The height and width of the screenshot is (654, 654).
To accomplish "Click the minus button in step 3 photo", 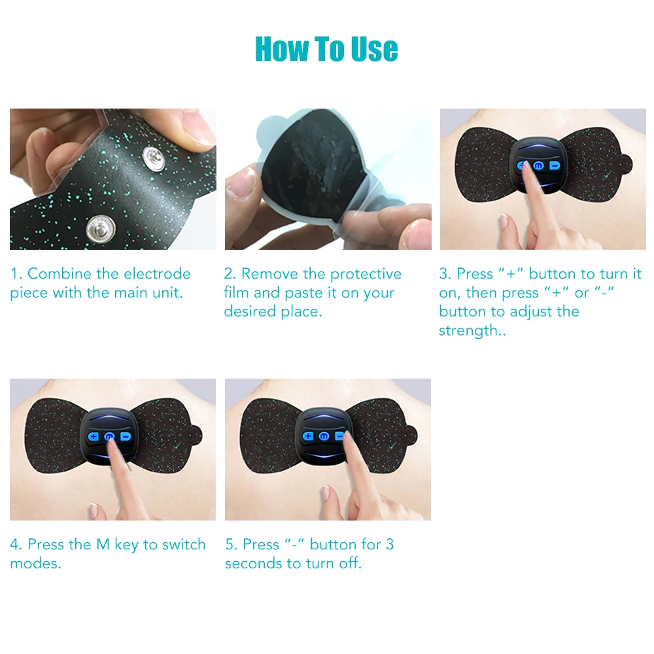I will (x=555, y=166).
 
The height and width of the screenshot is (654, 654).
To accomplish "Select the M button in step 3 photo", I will (x=539, y=166).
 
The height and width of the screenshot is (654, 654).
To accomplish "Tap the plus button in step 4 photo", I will (x=94, y=436).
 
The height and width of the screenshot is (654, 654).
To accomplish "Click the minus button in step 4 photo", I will (x=124, y=436).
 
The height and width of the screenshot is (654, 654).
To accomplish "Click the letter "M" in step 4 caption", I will (x=103, y=545).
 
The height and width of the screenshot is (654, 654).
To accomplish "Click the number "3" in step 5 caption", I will (x=390, y=545).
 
